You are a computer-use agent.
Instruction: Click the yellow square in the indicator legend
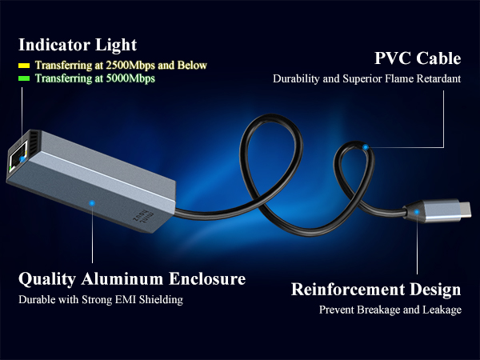pos(24,66)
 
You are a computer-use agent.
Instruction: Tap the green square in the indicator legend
pos(24,78)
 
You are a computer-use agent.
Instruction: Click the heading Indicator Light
pos(78,45)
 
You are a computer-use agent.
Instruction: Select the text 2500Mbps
pos(130,66)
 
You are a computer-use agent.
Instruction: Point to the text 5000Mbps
pos(130,78)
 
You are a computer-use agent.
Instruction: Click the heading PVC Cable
pos(418,58)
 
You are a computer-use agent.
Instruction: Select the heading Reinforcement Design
pos(376,290)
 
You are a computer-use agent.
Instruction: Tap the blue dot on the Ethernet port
pos(22,159)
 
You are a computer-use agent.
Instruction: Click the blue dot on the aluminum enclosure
pos(92,203)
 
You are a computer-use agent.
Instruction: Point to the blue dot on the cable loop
pos(366,147)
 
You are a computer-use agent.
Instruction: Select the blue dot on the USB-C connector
pos(417,212)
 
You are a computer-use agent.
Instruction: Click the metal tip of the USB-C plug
pos(465,210)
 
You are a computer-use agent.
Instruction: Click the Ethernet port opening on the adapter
pos(18,158)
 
